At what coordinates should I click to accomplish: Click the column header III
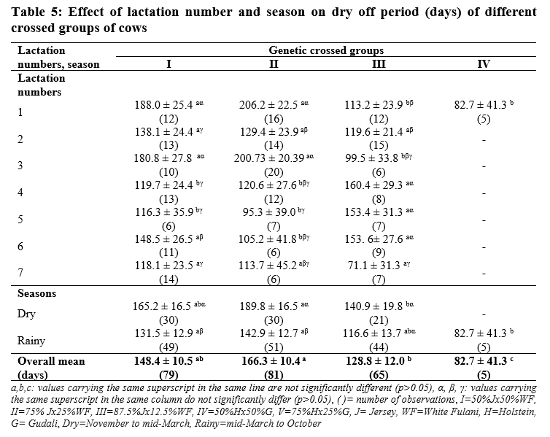379,64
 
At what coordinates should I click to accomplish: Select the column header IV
484,64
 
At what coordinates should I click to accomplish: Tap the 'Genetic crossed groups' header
326,50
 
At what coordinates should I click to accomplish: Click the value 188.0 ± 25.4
164,105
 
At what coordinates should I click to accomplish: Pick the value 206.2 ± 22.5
268,105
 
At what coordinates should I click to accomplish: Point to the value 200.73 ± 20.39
269,158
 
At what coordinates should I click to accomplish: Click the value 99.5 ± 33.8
371,158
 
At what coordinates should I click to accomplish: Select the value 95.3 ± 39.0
269,212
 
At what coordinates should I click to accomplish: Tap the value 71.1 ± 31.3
373,266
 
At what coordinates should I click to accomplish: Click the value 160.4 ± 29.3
373,185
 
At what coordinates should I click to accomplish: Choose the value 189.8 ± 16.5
268,306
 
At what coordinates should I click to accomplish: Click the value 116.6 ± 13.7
372,333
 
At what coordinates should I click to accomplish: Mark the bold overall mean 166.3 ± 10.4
271,361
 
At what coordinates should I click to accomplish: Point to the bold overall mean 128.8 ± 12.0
376,361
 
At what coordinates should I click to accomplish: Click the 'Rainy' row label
31,341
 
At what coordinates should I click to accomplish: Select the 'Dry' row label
26,314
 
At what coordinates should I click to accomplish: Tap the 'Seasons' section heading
36,293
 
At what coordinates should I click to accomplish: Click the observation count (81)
274,375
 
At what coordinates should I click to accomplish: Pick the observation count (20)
274,172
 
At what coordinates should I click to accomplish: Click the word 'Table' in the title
28,12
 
